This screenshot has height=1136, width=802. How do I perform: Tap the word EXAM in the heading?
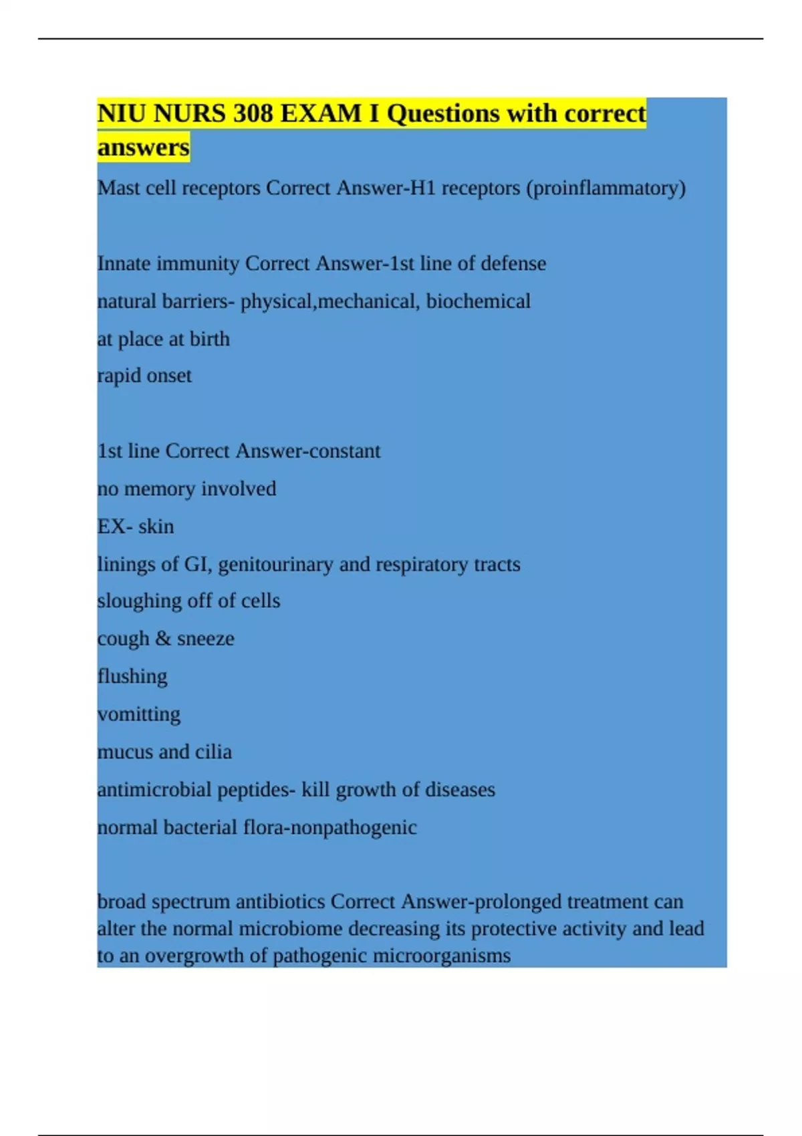(321, 114)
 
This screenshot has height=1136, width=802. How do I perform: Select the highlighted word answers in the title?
(143, 147)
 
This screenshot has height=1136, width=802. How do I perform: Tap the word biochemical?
(479, 301)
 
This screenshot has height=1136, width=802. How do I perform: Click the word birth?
(209, 339)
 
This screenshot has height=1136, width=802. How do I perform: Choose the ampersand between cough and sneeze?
(163, 639)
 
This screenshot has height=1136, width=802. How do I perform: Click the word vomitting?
(139, 714)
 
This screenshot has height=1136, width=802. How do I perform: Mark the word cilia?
(213, 752)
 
